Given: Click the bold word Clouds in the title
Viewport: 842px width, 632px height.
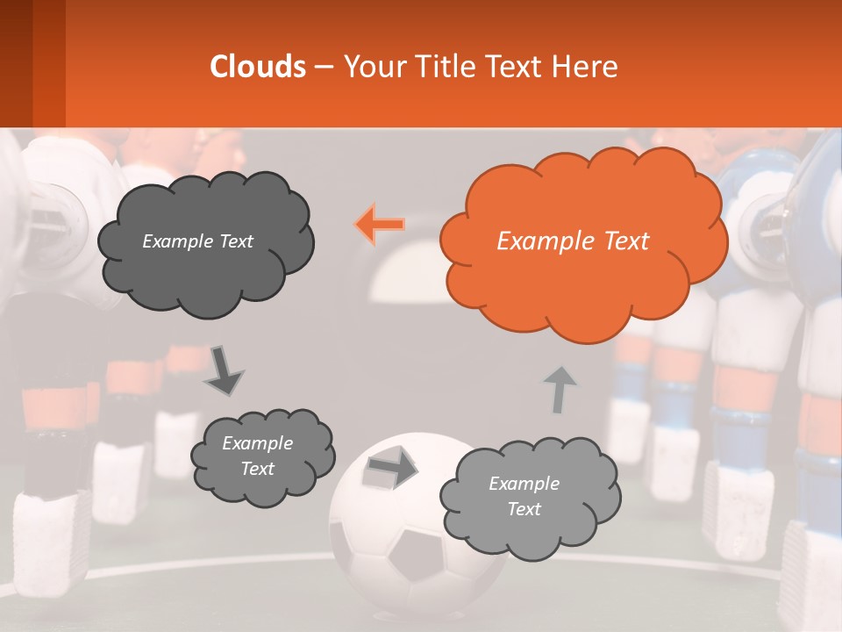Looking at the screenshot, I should click(x=258, y=67).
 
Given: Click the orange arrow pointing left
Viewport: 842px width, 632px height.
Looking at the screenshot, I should click(x=380, y=225).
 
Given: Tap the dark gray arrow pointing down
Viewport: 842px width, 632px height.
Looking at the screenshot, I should click(x=224, y=370).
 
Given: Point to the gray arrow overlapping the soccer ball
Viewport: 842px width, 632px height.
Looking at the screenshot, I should click(x=391, y=467).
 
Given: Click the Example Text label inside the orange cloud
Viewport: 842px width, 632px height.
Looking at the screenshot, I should click(x=573, y=241).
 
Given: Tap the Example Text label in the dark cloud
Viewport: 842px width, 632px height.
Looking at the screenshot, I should click(x=197, y=241).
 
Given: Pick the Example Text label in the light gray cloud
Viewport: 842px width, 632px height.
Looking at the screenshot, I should click(x=524, y=496).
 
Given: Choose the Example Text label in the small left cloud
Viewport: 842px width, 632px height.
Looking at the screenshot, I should click(x=257, y=456).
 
